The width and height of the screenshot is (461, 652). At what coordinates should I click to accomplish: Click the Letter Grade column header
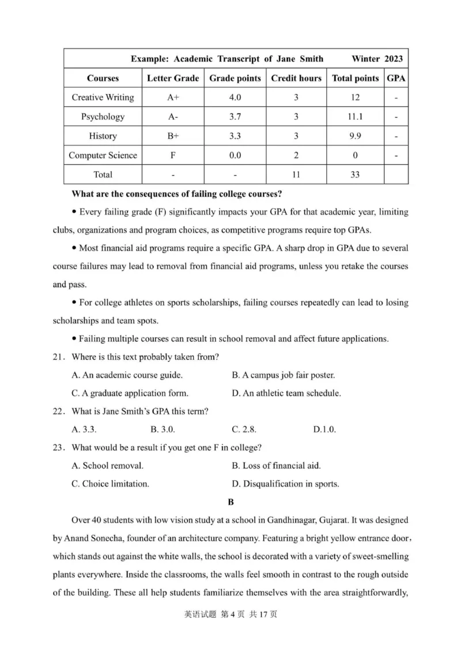click(x=173, y=78)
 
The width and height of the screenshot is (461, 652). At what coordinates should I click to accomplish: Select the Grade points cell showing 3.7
click(x=235, y=116)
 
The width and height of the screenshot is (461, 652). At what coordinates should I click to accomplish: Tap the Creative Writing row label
click(x=103, y=97)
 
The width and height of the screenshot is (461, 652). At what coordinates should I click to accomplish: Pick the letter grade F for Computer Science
click(x=173, y=155)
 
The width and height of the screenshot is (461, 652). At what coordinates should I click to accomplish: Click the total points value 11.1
click(x=355, y=116)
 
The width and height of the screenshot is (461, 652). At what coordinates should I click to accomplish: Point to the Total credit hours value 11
click(x=296, y=174)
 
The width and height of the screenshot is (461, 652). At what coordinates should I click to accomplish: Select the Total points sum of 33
click(x=355, y=174)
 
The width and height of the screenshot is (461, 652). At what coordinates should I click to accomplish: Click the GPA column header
click(x=396, y=78)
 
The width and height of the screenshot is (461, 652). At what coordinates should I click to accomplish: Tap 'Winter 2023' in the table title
click(x=377, y=59)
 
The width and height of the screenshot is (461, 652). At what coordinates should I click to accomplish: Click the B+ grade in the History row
click(x=173, y=136)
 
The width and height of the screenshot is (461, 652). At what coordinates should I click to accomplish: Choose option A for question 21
click(x=127, y=375)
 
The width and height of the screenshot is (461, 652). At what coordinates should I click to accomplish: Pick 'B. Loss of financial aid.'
click(x=276, y=465)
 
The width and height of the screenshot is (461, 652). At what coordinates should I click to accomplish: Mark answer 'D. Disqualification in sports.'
click(x=285, y=484)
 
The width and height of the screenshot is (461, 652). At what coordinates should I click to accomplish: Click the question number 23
click(x=58, y=447)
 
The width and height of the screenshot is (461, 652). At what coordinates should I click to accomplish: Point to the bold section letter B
click(x=231, y=502)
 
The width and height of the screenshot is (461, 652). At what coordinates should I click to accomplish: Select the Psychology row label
click(x=103, y=116)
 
